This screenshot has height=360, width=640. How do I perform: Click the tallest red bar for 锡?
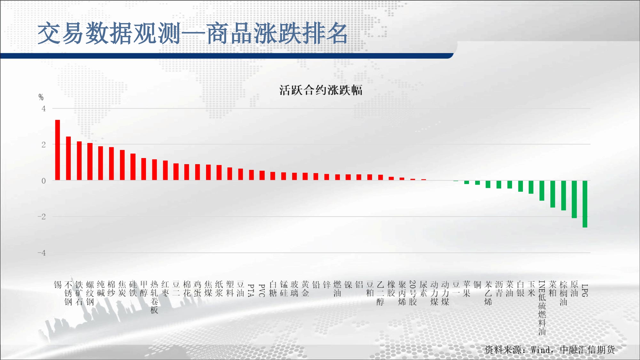pos(58,150)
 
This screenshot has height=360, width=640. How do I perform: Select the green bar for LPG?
pos(585,204)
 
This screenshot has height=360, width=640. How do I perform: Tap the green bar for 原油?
pos(574,199)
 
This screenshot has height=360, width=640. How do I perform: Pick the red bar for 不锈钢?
pos(68,158)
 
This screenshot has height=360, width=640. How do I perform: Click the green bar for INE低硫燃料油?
pos(542,190)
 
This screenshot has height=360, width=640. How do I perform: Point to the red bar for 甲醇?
pos(144,169)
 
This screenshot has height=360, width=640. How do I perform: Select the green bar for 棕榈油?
pos(564,195)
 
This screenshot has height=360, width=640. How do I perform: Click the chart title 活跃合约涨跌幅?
pos(321,90)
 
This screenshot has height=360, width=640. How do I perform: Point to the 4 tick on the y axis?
pos(44,109)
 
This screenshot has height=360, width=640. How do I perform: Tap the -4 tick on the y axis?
pos(42,253)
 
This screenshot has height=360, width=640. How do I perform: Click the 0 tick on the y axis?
pos(44,181)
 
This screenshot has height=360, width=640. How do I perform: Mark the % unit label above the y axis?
pos(41,97)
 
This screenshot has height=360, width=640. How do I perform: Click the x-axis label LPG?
pos(585,291)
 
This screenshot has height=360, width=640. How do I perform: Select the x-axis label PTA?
pos(251,291)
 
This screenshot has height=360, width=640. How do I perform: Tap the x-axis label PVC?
pos(262,291)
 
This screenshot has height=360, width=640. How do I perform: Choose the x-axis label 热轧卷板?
pos(155,297)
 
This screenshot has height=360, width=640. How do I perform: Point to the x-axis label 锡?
pos(58,285)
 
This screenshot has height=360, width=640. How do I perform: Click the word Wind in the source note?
pos(540,350)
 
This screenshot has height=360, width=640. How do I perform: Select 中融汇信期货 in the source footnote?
pos(588,350)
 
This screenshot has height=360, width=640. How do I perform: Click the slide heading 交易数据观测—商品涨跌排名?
pos(193,33)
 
